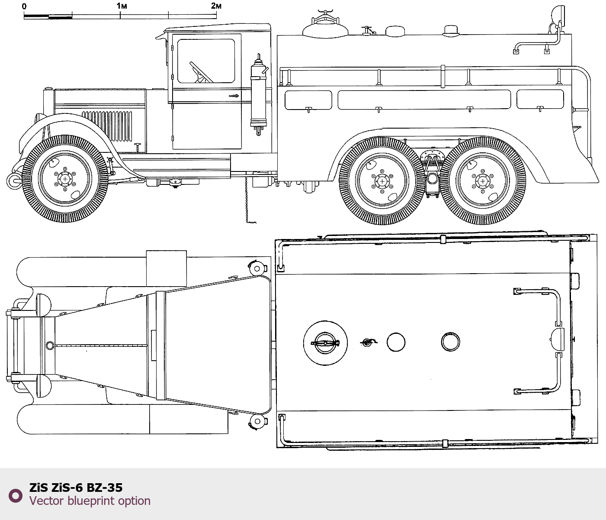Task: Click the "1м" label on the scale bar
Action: pos(122,6)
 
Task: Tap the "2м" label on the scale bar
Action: pos(216,6)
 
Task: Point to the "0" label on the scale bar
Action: pos(24,6)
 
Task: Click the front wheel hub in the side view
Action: pos(65,179)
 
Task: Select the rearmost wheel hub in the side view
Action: pos(483,181)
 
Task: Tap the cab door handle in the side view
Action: pos(234,95)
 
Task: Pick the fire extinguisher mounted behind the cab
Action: pos(258,94)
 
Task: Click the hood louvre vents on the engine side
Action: pos(107,126)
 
